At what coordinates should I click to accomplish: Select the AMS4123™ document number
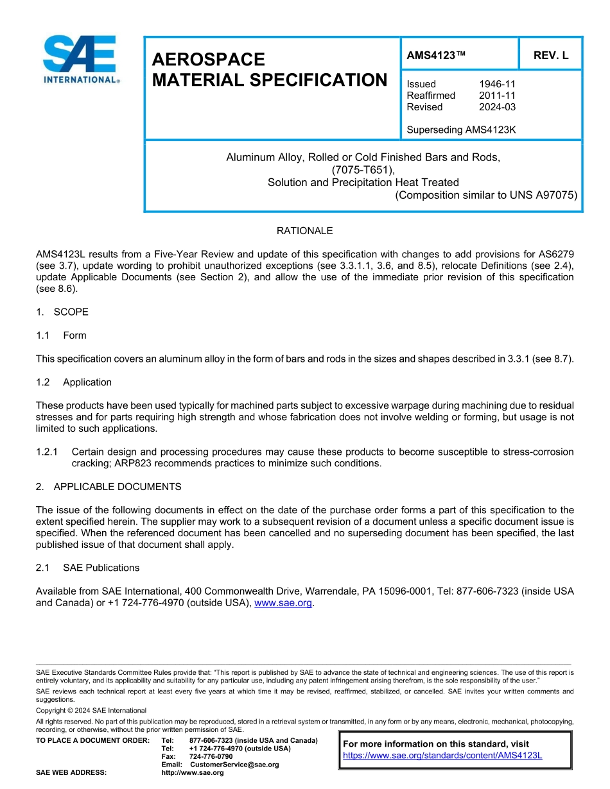point(436,55)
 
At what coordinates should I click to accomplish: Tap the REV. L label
point(551,55)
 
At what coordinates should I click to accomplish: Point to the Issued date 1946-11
point(497,84)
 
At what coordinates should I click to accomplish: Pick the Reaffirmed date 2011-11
point(497,96)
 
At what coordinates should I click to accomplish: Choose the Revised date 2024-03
point(497,107)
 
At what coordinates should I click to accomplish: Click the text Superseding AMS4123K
point(461,130)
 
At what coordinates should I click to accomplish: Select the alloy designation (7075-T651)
point(363,170)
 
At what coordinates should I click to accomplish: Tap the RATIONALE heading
point(304,231)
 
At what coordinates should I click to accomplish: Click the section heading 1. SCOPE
point(62,312)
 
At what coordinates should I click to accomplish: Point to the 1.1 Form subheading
point(62,335)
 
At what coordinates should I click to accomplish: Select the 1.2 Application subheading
point(74,382)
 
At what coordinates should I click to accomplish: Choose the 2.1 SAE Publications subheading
point(88,568)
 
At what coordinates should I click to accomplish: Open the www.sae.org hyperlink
point(283,603)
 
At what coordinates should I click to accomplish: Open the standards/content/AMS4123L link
point(442,756)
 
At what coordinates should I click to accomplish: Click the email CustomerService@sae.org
point(234,765)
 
